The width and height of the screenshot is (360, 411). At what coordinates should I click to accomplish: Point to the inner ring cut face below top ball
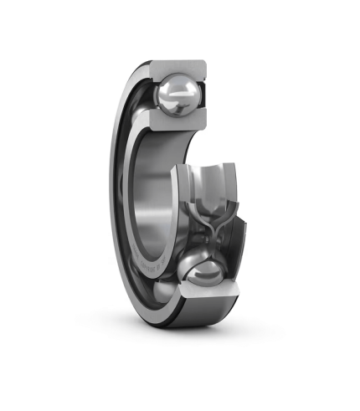(x=172, y=124)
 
